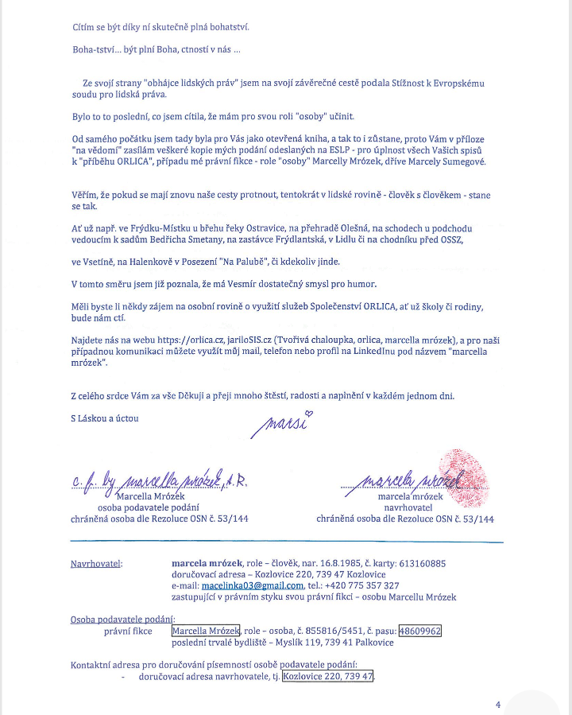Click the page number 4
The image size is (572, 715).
coord(498,704)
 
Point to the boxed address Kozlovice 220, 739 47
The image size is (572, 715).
coord(328,677)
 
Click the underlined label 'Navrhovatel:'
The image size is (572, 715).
coord(97,564)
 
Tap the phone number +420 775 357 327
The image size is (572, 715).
coord(364,586)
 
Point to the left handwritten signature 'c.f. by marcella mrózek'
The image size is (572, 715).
coord(160,479)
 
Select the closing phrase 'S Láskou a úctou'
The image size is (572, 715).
coord(104,418)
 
